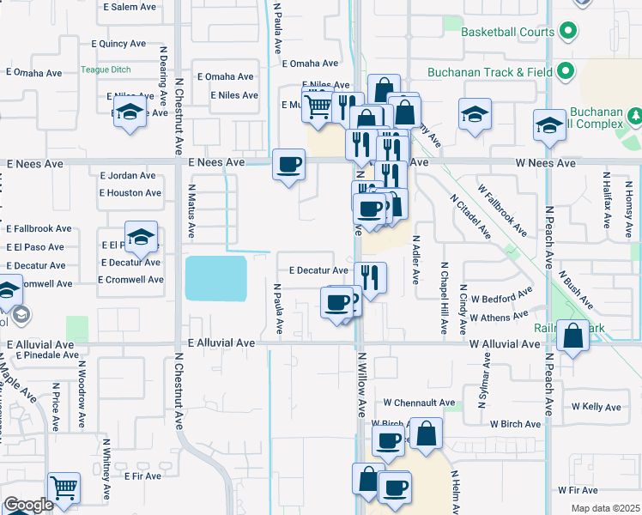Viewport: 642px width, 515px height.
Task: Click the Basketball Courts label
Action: point(507,33)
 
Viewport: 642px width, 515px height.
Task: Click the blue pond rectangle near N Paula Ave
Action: point(215,278)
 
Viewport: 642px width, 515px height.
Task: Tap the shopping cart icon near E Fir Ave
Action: point(64,488)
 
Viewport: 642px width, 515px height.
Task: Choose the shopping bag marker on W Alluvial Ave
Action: point(572,336)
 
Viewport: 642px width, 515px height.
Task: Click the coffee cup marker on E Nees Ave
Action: point(289,163)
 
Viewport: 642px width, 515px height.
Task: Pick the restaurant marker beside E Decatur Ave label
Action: point(371,276)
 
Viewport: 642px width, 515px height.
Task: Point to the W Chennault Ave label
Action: point(419,402)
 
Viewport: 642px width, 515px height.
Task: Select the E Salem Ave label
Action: point(130,7)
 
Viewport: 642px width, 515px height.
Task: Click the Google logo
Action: point(28,505)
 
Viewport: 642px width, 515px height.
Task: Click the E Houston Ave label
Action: point(130,193)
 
